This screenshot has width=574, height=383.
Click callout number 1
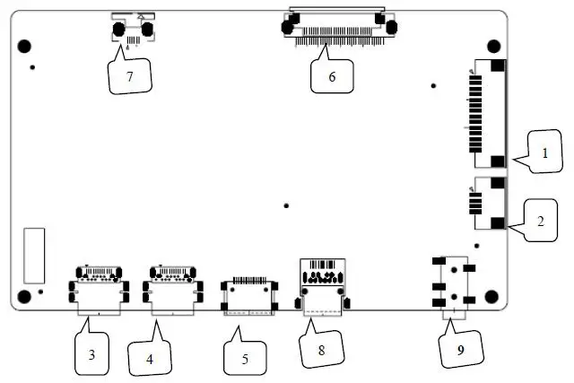coord(544,153)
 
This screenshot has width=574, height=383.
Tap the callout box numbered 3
coord(91,353)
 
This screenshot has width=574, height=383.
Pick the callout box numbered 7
coord(129,76)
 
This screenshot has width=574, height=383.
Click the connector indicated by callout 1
coord(486,114)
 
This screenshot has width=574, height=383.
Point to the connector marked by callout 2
coord(488,202)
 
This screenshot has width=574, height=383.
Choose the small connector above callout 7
coord(131,29)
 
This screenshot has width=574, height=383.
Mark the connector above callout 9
coord(453,283)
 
